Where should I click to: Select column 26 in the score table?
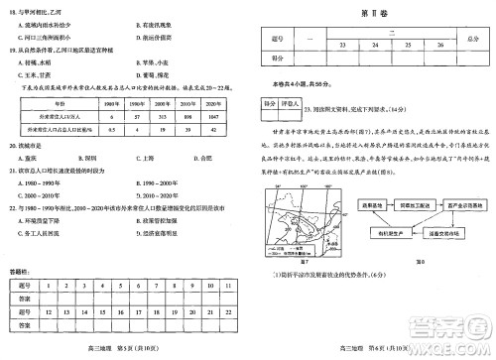tap(438, 45)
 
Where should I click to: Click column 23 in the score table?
tap(343, 45)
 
